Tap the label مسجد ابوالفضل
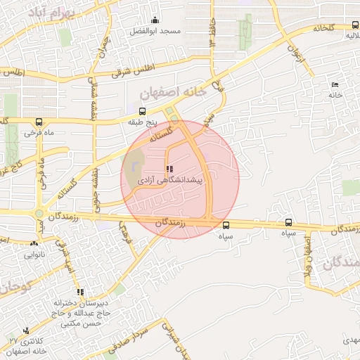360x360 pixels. coord(160,32)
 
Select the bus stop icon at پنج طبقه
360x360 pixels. coord(142,111)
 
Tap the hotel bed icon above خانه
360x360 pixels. coord(334,84)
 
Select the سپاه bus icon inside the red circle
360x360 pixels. coord(226,225)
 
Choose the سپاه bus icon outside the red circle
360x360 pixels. coord(288,222)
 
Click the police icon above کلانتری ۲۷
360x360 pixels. coord(27,330)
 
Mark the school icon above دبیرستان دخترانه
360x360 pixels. coord(80,292)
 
